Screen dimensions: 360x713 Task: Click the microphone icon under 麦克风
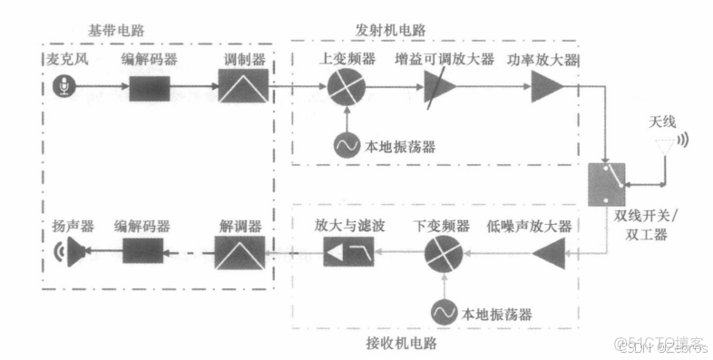click(63, 89)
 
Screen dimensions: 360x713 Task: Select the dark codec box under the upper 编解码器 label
click(150, 89)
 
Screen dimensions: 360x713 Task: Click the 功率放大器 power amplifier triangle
click(546, 89)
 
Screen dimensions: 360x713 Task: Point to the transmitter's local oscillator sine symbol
click(346, 144)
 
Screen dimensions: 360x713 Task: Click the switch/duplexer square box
click(605, 185)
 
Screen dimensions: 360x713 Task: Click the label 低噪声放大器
click(528, 225)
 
